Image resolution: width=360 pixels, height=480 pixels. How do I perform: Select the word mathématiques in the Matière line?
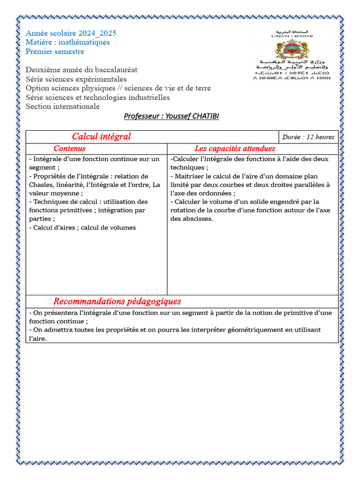click(x=85, y=42)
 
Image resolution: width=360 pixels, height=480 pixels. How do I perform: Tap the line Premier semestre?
click(x=55, y=52)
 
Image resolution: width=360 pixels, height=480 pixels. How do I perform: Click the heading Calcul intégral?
click(x=101, y=136)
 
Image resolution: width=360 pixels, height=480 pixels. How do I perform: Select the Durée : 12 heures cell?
click(x=308, y=137)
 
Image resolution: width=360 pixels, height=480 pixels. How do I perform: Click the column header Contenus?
click(x=69, y=149)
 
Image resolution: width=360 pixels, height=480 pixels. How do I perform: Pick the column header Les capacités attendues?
click(x=235, y=149)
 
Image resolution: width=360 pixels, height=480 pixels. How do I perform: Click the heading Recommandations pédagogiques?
click(x=117, y=301)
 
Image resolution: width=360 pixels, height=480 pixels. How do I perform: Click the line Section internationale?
click(x=62, y=106)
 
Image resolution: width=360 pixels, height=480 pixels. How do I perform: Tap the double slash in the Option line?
click(x=120, y=88)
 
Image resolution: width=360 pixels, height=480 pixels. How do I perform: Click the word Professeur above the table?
click(x=141, y=116)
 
